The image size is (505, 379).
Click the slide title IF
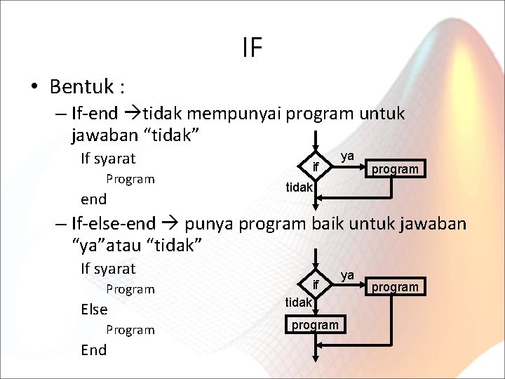[x=252, y=48]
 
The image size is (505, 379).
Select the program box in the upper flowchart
[x=395, y=168]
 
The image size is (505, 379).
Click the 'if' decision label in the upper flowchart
[x=316, y=168]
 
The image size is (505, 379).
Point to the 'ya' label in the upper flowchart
[x=347, y=155]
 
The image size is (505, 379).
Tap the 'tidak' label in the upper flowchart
[x=299, y=187]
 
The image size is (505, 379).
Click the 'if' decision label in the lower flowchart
[x=316, y=284]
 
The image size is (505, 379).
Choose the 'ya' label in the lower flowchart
[x=347, y=274]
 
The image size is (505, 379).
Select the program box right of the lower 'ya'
[x=395, y=286]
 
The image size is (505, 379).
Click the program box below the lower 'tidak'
[x=315, y=324]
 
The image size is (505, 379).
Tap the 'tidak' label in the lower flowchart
[x=299, y=302]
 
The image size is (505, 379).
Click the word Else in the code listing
[x=94, y=310]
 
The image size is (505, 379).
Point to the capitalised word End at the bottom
[x=94, y=350]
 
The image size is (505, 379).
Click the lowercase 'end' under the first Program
[x=94, y=199]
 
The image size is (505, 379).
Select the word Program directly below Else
[x=130, y=330]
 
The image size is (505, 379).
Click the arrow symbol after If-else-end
[x=169, y=225]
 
